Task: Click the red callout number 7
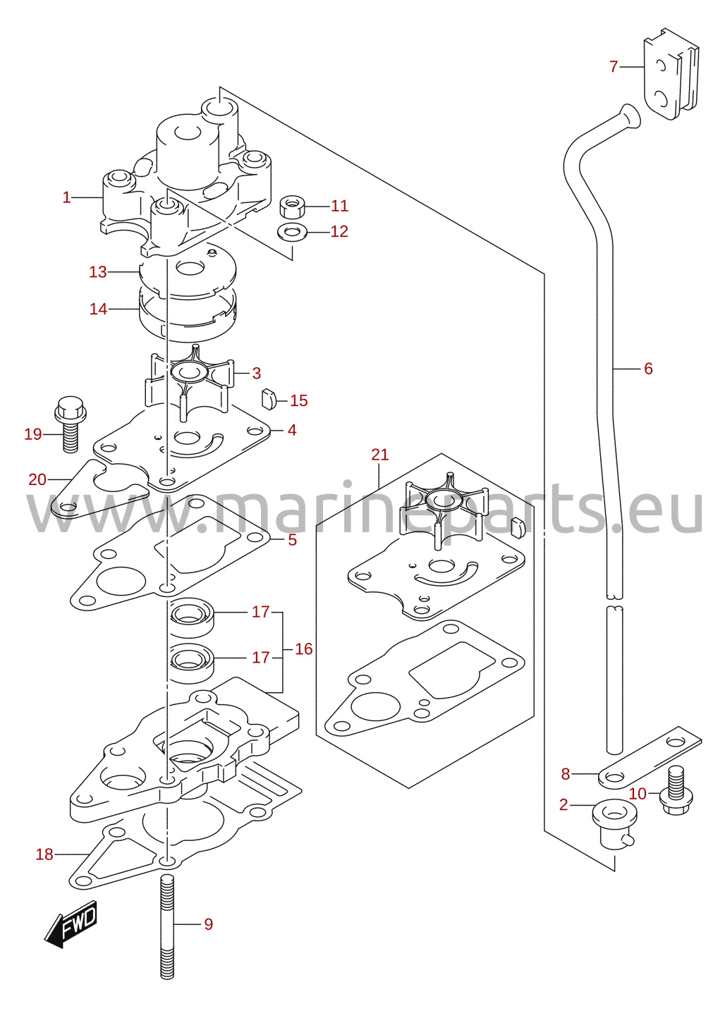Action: click(614, 67)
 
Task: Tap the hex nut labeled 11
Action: click(292, 207)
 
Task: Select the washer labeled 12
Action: click(291, 233)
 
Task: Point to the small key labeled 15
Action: click(269, 399)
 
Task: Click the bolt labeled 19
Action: click(70, 424)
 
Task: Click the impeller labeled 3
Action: click(189, 381)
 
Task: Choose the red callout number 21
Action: click(380, 455)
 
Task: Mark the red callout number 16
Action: click(303, 649)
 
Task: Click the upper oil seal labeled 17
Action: click(193, 618)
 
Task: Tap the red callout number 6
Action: click(648, 369)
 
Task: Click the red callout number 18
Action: click(44, 854)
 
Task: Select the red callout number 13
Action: click(98, 272)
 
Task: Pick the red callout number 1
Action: click(67, 197)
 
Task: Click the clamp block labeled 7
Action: click(671, 73)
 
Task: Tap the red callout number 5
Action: click(293, 540)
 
